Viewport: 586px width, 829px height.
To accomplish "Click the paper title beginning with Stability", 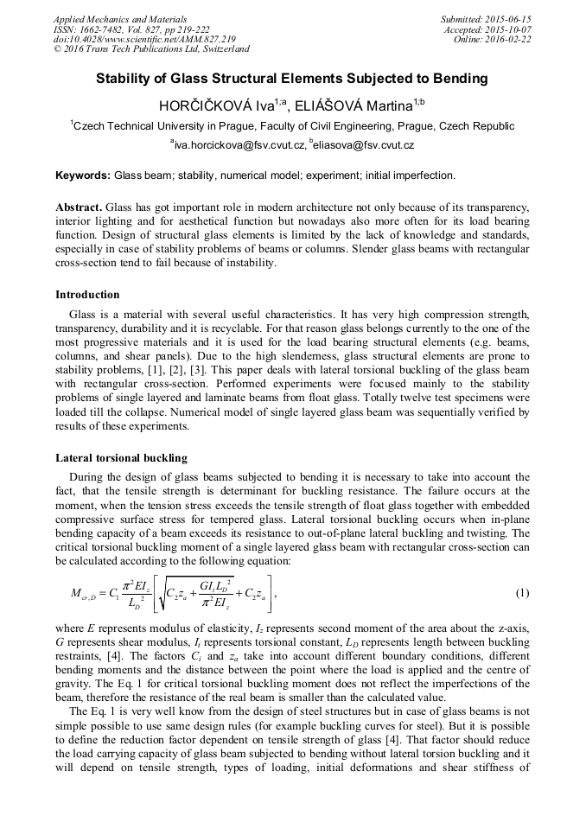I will [292, 79].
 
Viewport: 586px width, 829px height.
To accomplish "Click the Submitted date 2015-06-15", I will [501, 19].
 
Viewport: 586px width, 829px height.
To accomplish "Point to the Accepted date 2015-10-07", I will [501, 29].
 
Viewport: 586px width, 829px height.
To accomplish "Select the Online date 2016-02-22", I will [504, 39].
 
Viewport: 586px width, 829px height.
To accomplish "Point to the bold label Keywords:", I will [83, 175].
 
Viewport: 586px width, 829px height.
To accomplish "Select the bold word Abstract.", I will [79, 209].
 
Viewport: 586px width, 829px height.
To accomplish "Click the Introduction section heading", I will [87, 295].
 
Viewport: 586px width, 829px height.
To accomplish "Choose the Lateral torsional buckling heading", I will [121, 457].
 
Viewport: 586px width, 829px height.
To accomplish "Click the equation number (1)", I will [522, 593].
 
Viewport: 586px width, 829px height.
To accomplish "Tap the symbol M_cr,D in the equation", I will [85, 594].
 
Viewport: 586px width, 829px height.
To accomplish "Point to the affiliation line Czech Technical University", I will [292, 126].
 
